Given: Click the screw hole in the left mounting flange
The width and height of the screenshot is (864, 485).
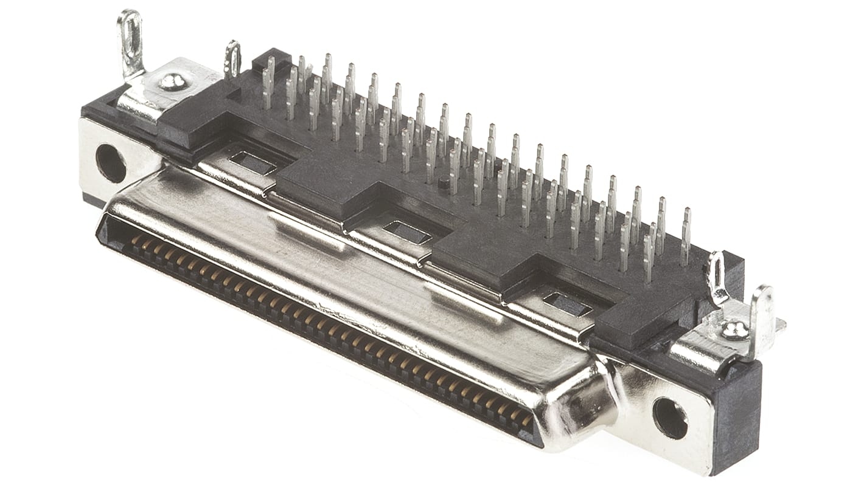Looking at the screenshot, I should (x=111, y=163).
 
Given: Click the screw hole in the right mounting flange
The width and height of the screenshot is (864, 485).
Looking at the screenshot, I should (x=670, y=418).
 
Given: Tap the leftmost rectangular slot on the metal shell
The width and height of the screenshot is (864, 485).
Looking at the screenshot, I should (x=253, y=162).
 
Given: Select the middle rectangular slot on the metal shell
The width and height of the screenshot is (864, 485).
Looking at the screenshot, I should (x=407, y=232).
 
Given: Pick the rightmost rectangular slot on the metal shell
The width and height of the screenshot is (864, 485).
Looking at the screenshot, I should (x=567, y=304).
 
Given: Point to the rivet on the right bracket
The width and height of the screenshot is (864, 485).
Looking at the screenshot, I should (x=735, y=330).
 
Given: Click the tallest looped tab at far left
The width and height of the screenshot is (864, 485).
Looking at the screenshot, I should (x=130, y=43).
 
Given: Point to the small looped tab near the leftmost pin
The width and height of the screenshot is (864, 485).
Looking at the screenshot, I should (x=232, y=59).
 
